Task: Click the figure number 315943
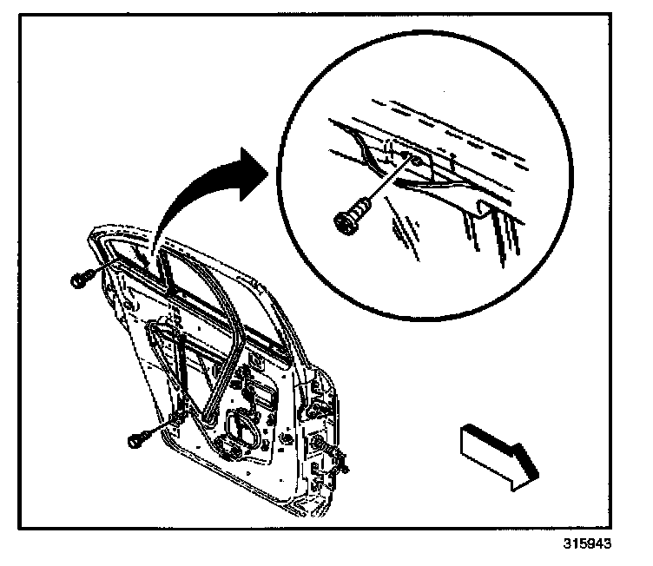coord(587,545)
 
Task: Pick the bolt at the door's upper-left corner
coord(77,280)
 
